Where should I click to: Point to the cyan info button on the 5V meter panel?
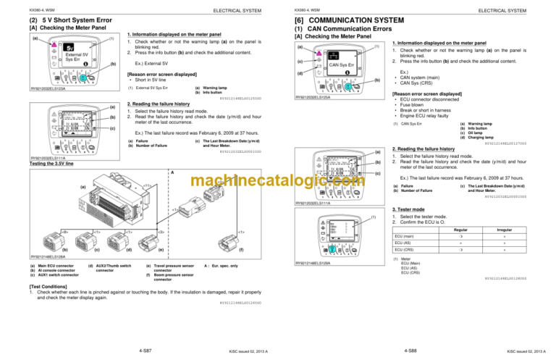(83, 78)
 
